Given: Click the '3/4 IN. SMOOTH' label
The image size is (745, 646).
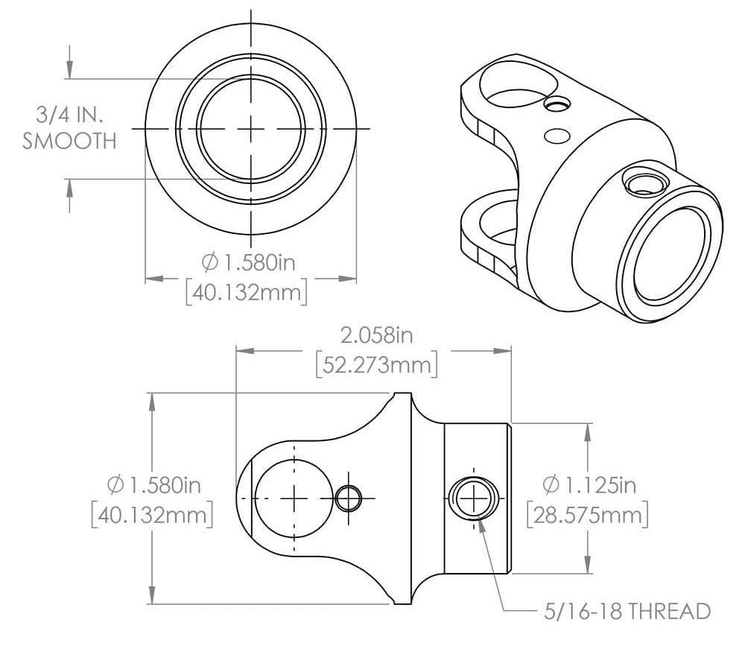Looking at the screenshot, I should click(69, 128).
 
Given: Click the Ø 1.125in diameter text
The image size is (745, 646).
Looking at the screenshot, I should click(589, 485).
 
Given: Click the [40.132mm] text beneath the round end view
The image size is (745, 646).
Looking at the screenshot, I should click(246, 292).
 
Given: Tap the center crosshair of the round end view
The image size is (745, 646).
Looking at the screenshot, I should click(252, 129).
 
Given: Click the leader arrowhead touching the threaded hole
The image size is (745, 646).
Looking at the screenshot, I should click(481, 521).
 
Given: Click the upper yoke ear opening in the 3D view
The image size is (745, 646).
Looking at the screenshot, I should click(514, 83).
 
